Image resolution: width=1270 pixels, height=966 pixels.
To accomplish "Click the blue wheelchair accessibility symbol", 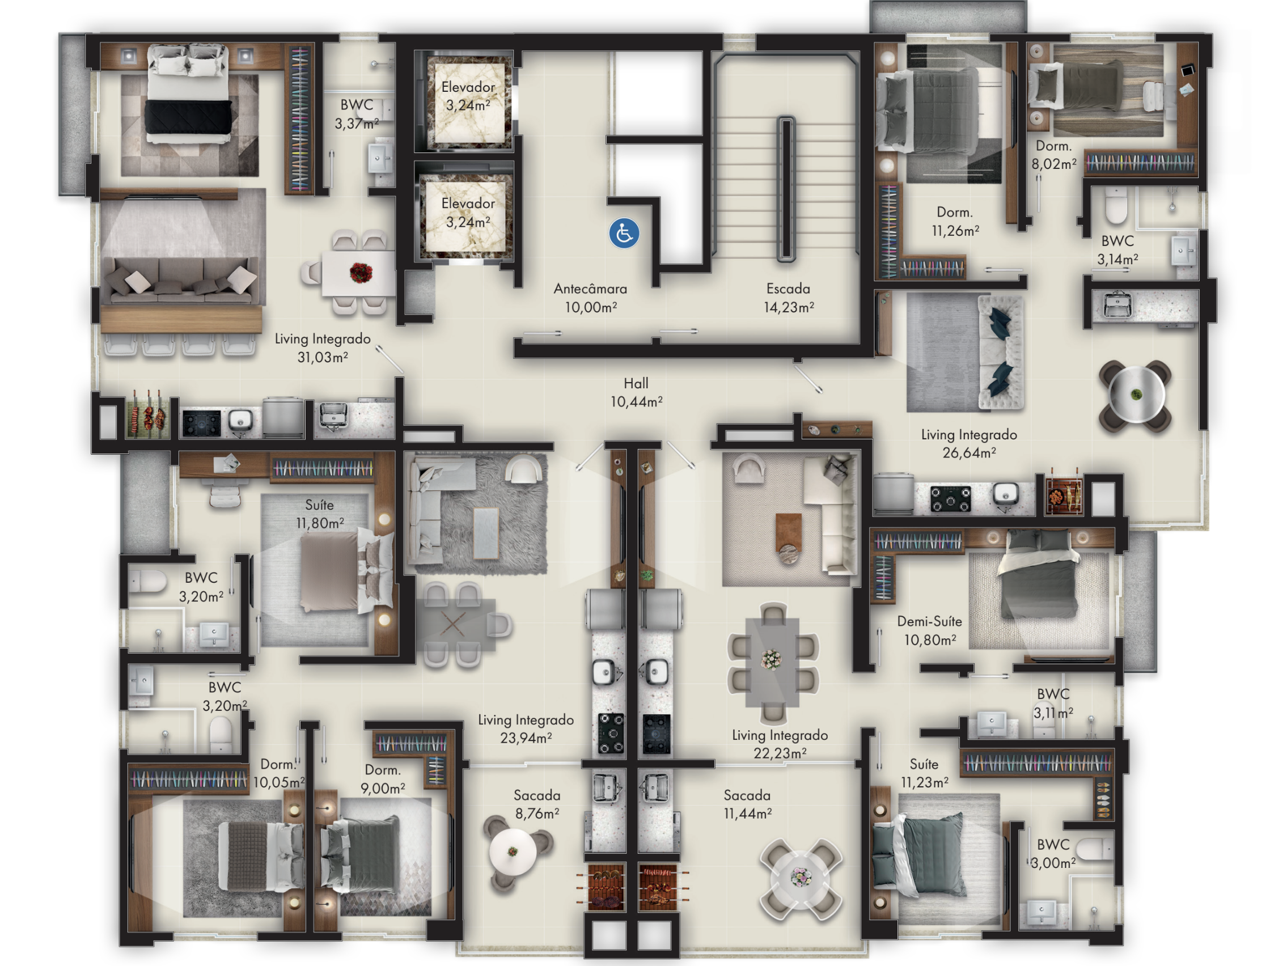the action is pos(624,234).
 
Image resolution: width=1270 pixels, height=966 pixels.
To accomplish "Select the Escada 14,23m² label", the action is pos(788,298).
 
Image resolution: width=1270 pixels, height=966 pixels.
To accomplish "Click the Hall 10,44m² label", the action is pos(636,392).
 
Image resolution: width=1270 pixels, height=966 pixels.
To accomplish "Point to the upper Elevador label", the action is pos(468,96).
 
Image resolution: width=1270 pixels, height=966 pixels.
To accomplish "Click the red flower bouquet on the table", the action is pos(361,272).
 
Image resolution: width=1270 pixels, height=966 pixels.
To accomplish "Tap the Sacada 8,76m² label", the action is pos(536,804).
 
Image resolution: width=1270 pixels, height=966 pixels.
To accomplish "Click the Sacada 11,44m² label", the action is pos(747,804).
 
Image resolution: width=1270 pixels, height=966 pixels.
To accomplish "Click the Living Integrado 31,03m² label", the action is pos(323,348).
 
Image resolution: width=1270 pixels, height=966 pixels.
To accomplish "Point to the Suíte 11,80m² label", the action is pos(320,514).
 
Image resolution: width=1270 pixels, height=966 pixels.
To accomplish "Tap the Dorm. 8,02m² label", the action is pos(1054,155).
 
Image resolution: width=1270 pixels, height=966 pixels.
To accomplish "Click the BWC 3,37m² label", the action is pos(357,114).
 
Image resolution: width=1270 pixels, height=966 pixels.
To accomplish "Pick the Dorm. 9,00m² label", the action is pos(383,779).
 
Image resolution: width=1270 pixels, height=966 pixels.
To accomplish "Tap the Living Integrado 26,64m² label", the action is pos(970,443).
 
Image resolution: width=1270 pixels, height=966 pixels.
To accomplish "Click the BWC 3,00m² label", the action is pos(1053,853).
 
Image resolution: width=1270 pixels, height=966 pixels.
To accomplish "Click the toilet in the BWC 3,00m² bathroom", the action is pos(1094,849).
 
